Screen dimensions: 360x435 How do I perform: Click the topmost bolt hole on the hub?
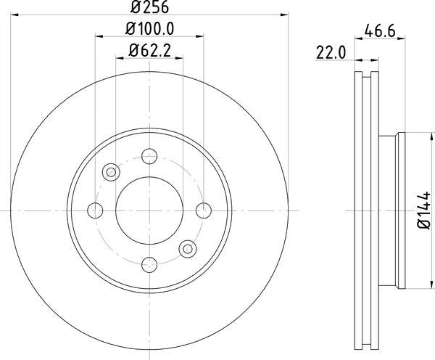[x=150, y=155]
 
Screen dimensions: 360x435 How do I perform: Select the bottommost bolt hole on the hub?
[x=150, y=265]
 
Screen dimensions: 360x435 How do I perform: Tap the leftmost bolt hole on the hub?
[x=95, y=210]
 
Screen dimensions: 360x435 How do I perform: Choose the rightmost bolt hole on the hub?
[x=205, y=210]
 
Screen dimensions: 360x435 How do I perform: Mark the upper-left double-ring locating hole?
[x=112, y=172]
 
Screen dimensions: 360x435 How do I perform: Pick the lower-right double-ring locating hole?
[x=188, y=249]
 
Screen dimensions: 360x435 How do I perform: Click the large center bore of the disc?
[x=150, y=210]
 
